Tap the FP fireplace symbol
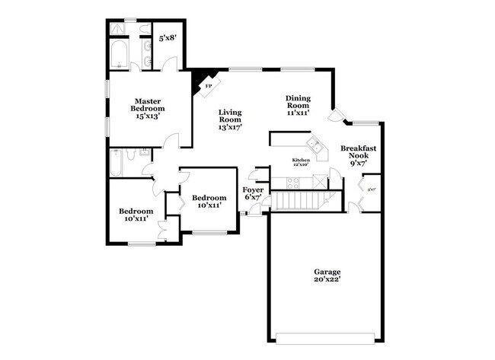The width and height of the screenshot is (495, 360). (x=207, y=86)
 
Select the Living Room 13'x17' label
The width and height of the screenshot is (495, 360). (x=229, y=119)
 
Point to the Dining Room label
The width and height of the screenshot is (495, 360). (x=298, y=105)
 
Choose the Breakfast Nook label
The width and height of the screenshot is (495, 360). (x=359, y=155)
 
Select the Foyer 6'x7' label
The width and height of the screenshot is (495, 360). (x=252, y=193)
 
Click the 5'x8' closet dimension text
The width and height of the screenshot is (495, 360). (x=168, y=37)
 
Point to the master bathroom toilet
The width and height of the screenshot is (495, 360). (x=145, y=30)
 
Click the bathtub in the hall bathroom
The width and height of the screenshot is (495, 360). (x=117, y=162)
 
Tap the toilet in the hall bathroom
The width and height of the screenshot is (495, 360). (x=131, y=155)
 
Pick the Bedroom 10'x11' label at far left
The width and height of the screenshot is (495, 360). (x=136, y=215)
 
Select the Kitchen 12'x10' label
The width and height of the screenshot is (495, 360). (x=301, y=162)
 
